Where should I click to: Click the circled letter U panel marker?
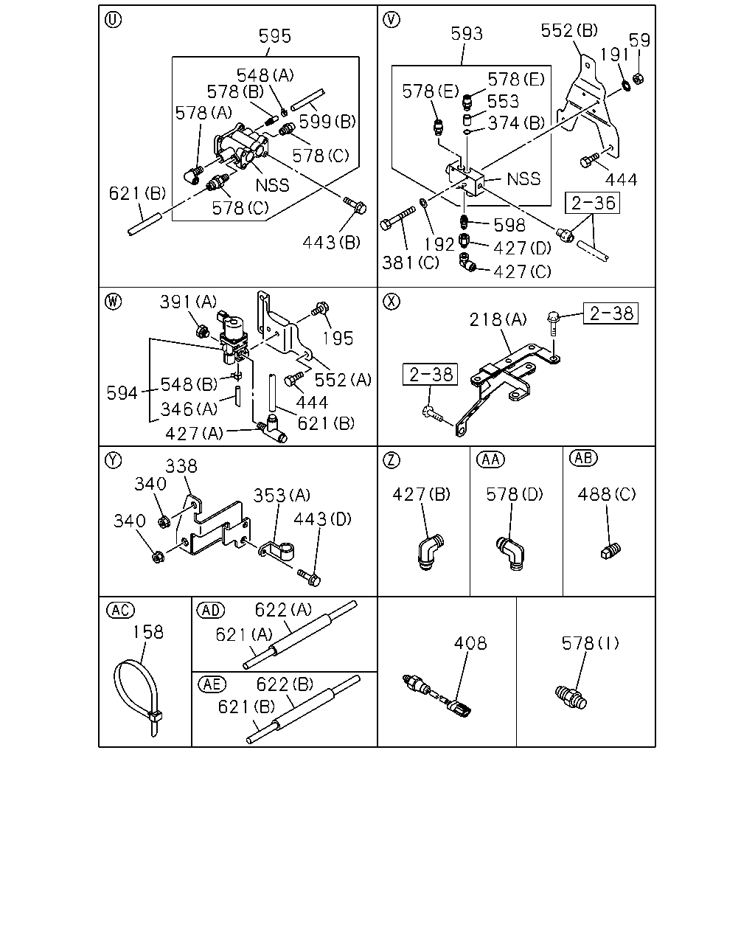pyautogui.click(x=114, y=20)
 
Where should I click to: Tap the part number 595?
pyautogui.click(x=274, y=36)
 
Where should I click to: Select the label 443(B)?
pyautogui.click(x=331, y=242)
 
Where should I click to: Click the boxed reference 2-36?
pyautogui.click(x=592, y=203)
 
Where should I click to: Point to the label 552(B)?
pyautogui.click(x=569, y=30)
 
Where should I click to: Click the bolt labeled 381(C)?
pyautogui.click(x=397, y=218)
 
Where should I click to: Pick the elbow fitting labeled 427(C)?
pyautogui.click(x=467, y=263)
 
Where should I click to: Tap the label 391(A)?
pyautogui.click(x=188, y=302)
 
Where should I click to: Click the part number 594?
pyautogui.click(x=122, y=393)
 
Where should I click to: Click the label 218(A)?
pyautogui.click(x=498, y=319)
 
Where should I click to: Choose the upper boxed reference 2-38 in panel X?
pyautogui.click(x=610, y=313)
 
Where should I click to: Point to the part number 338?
pyautogui.click(x=181, y=466)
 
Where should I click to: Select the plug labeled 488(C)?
pyautogui.click(x=610, y=550)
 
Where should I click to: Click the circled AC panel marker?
pyautogui.click(x=121, y=610)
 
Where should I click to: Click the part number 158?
pyautogui.click(x=148, y=632)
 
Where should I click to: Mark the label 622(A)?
pyautogui.click(x=283, y=610)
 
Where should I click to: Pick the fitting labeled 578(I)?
pyautogui.click(x=571, y=698)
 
